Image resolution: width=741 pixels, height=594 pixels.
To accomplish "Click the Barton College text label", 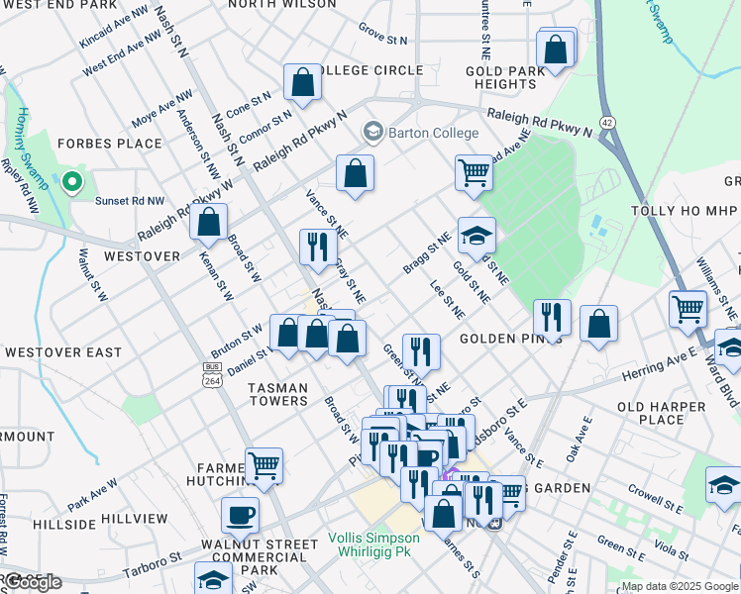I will tap(434, 133).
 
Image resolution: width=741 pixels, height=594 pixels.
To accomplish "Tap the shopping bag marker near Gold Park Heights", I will tap(556, 49).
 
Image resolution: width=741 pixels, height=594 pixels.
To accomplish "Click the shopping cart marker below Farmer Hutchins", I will tap(264, 465).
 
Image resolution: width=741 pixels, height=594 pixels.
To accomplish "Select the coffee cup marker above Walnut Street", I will tap(241, 515).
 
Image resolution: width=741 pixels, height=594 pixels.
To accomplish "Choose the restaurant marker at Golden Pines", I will tap(552, 319).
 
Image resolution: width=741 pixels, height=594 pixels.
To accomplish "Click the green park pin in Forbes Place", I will tap(70, 182).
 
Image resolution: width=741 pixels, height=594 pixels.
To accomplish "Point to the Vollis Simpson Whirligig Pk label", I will tap(373, 544).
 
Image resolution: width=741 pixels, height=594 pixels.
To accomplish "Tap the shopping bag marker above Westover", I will tap(209, 224).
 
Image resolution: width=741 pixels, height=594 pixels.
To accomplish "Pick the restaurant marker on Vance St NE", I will tap(316, 248).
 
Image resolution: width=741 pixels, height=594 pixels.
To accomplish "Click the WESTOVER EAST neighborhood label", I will tap(63, 352).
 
